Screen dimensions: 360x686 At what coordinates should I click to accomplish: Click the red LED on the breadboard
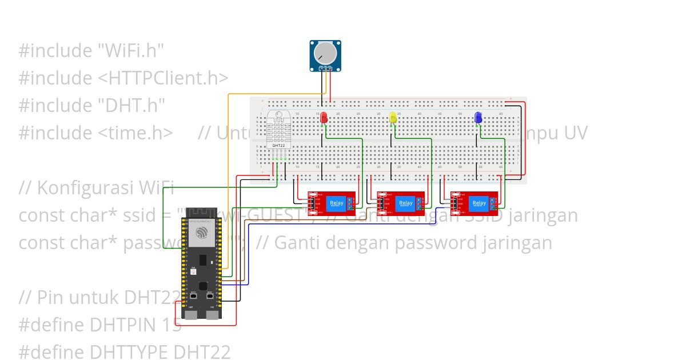(x=324, y=118)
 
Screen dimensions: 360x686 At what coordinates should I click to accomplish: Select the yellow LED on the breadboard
(x=393, y=118)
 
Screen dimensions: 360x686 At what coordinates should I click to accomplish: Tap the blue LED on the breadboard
(x=478, y=118)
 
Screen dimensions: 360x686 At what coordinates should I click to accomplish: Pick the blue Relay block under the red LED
(x=337, y=203)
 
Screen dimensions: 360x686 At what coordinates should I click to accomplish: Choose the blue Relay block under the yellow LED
(x=405, y=203)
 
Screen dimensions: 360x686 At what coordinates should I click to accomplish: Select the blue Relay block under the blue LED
(x=479, y=203)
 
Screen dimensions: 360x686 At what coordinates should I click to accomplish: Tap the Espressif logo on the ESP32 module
(x=201, y=233)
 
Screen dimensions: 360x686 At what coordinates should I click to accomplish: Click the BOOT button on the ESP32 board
(x=194, y=297)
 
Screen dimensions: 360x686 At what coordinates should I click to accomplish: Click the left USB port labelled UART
(x=191, y=313)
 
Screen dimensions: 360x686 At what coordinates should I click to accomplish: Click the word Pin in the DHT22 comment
(x=49, y=298)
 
